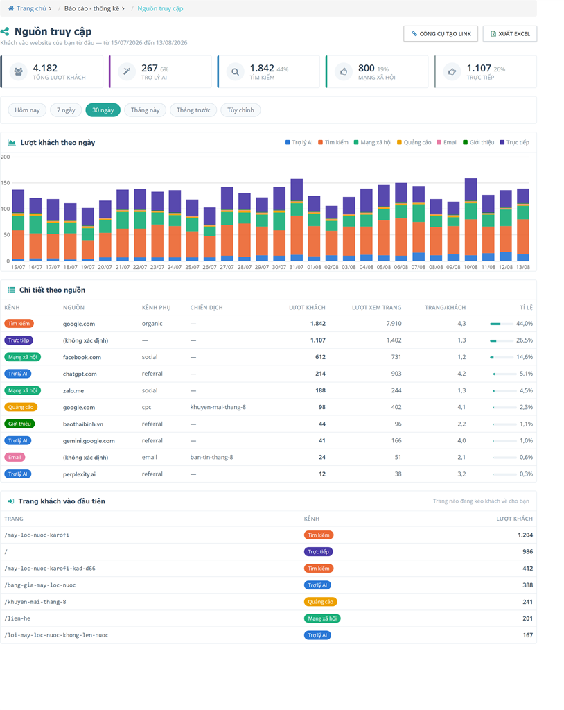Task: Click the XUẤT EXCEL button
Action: [x=510, y=33]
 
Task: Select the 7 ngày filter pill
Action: [x=66, y=110]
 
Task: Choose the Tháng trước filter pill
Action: [x=193, y=110]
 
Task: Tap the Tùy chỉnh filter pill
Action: [x=240, y=110]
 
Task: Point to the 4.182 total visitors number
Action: [x=45, y=68]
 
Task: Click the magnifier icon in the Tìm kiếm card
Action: [x=235, y=71]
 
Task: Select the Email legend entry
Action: [x=447, y=142]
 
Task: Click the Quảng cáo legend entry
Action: [x=414, y=142]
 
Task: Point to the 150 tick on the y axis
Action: [x=6, y=183]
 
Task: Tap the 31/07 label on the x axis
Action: [x=297, y=267]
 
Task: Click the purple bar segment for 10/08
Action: [x=470, y=190]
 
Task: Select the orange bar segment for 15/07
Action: [x=18, y=245]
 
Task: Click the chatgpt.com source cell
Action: [x=80, y=374]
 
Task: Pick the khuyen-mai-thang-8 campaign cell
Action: [x=218, y=407]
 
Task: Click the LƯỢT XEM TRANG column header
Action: [x=377, y=307]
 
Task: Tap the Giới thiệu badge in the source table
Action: [x=19, y=424]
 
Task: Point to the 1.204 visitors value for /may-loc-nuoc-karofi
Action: [x=525, y=535]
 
